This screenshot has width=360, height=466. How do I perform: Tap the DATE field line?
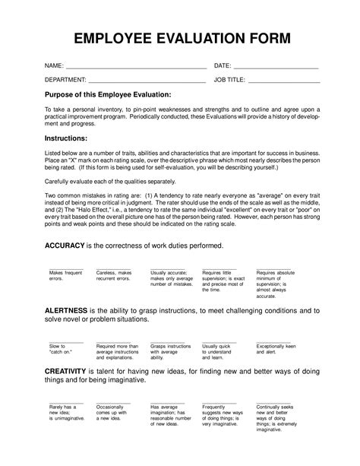(x=276, y=68)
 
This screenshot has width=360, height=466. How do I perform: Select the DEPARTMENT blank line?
(x=147, y=81)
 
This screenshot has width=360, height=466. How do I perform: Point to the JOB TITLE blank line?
(x=284, y=81)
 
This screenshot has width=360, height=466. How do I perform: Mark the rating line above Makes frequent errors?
(x=65, y=268)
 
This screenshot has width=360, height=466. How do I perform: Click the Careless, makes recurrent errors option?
(x=114, y=275)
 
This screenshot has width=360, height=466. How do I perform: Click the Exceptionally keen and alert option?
(x=276, y=347)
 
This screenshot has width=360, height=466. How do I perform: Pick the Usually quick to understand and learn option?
(x=219, y=350)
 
